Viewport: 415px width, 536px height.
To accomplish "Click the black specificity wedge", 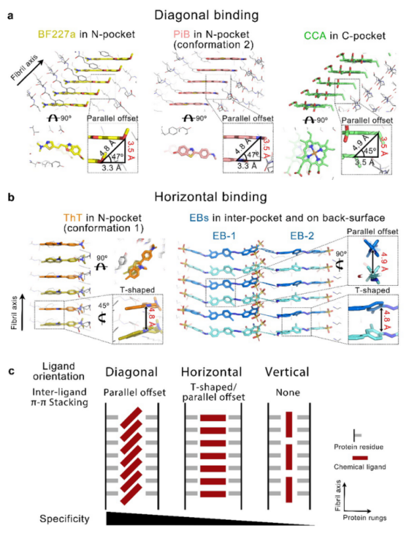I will [164, 518].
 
